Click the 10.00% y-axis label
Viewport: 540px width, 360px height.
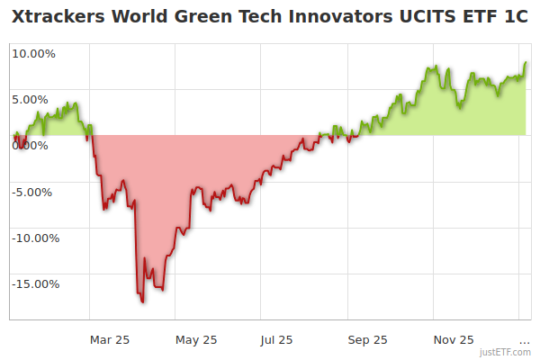pos(33,53)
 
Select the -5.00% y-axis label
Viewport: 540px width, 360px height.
pos(33,192)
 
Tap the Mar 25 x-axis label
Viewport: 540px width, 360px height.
pos(110,339)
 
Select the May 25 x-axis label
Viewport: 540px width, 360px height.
pos(196,339)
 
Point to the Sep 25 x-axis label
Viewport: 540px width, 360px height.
pos(367,339)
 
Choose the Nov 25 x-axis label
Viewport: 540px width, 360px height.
pos(454,339)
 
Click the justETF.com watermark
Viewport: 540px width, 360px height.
pos(506,352)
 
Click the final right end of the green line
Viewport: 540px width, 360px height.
pos(526,63)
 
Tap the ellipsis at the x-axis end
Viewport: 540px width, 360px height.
pos(525,339)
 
